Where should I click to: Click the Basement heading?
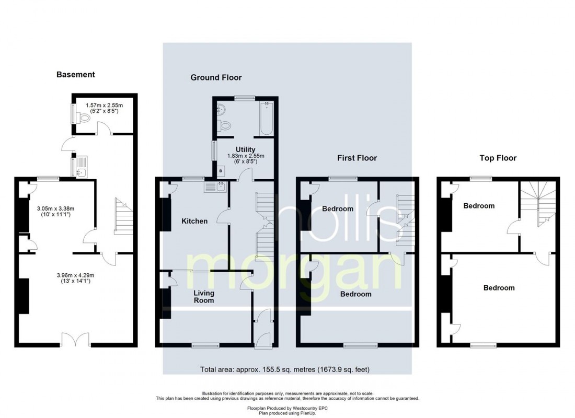click(x=76, y=74)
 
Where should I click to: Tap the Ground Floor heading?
click(x=216, y=77)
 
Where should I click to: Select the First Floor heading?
click(x=357, y=158)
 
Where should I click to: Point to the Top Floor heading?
click(x=498, y=158)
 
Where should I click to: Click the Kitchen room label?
click(x=195, y=221)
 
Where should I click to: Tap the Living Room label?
click(x=204, y=297)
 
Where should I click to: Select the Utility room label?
click(x=245, y=149)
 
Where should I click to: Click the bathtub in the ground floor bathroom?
click(x=266, y=119)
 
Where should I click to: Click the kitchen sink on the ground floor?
click(x=216, y=188)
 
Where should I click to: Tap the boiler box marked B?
click(x=221, y=171)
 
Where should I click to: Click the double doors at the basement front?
click(x=75, y=340)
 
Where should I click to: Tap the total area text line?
click(x=285, y=369)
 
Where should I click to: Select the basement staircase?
click(x=123, y=216)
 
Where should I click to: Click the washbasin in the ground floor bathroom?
click(x=222, y=108)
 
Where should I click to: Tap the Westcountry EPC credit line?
click(x=287, y=408)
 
